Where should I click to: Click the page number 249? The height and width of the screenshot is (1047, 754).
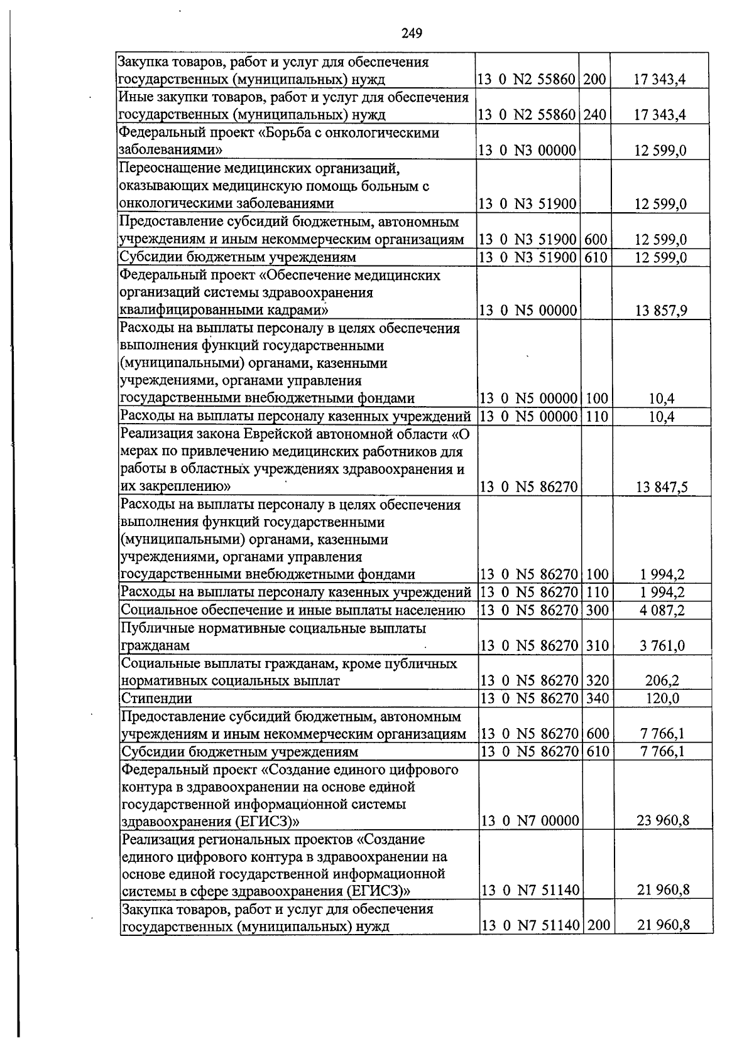point(411,33)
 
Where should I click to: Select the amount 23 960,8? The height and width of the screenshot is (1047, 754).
point(663,820)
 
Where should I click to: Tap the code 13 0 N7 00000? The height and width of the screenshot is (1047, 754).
point(529,820)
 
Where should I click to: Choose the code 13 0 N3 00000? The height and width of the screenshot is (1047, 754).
point(527,150)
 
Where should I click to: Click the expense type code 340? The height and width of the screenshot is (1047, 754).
point(596,698)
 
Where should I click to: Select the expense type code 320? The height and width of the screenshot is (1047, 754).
point(596,680)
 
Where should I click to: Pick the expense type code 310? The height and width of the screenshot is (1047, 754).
point(596,645)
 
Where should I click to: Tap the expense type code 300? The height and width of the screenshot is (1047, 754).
point(596,610)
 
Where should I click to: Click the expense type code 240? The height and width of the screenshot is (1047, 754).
point(594,115)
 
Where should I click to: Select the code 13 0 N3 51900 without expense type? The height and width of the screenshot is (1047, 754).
point(527,204)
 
